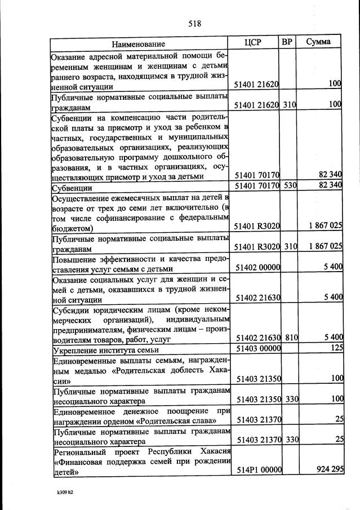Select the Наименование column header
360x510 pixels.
(138, 43)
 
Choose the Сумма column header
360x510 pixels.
(318, 42)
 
